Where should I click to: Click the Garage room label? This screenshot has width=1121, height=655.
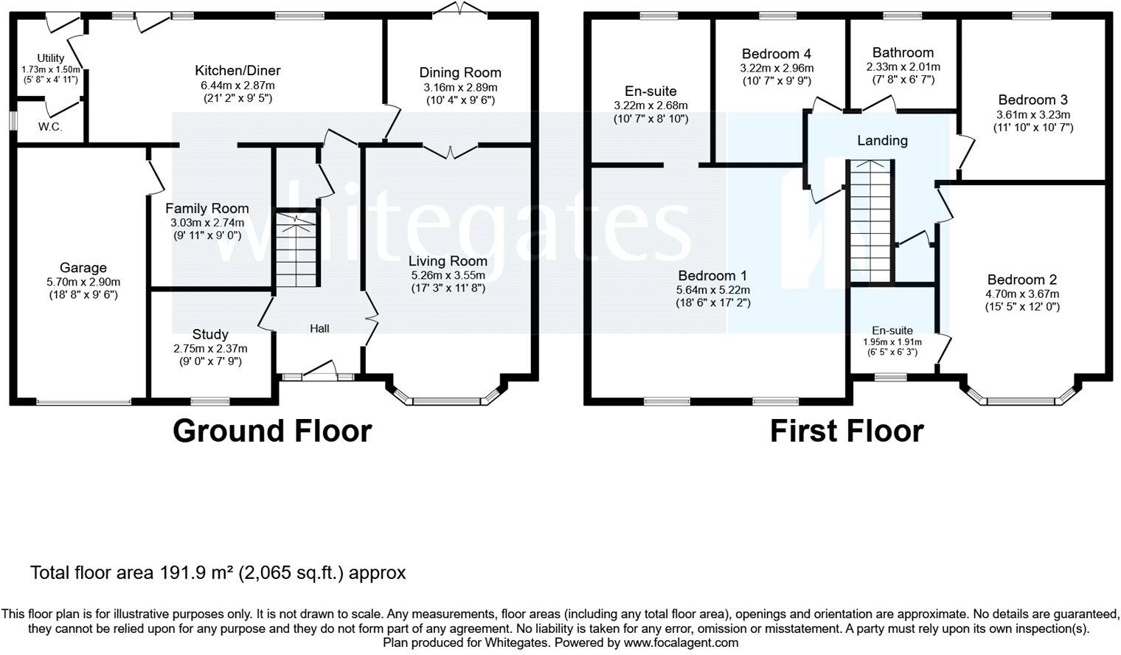(83, 268)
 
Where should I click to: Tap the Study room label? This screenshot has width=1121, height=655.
(210, 334)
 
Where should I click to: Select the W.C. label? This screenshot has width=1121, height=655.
(51, 127)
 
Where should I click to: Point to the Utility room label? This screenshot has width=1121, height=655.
(51, 58)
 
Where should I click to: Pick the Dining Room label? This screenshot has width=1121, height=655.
(460, 72)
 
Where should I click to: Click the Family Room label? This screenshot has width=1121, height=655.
(206, 209)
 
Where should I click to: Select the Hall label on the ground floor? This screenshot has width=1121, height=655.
(319, 328)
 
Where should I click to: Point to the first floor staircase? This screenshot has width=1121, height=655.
(871, 221)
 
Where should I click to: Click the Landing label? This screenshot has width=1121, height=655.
(882, 140)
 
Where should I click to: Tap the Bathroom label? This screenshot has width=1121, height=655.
(903, 52)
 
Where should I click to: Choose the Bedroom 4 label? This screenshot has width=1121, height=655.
(777, 54)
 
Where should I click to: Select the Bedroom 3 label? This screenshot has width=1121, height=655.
(1032, 100)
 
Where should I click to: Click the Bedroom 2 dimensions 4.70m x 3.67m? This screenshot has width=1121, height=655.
(1022, 294)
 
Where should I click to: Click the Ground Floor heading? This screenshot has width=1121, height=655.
(272, 431)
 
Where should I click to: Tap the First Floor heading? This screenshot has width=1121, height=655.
(847, 431)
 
